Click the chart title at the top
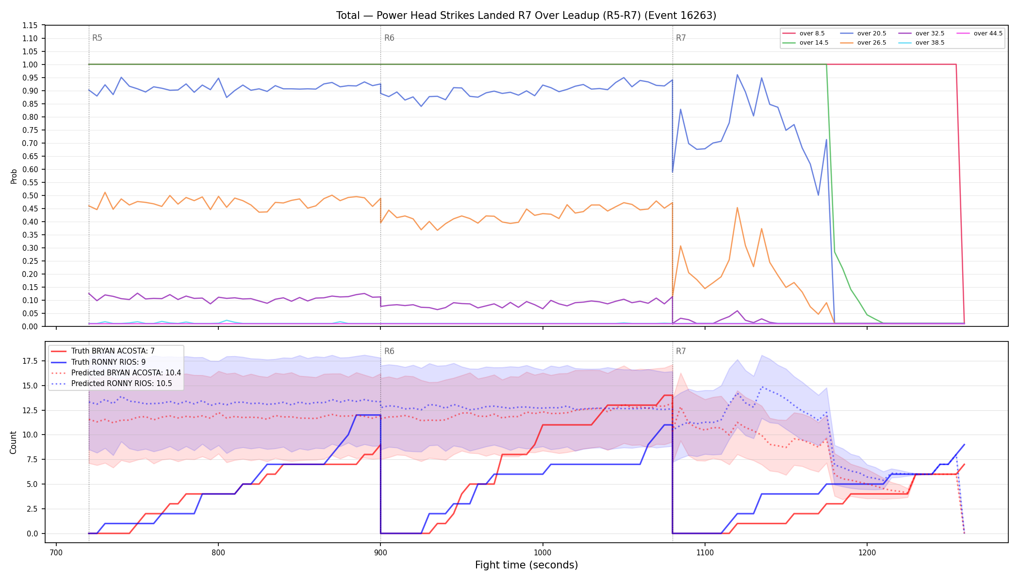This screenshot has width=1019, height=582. point(526,16)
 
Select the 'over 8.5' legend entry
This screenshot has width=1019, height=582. point(803,33)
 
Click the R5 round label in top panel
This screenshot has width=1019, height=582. point(97,38)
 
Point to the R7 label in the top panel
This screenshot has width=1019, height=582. point(681,38)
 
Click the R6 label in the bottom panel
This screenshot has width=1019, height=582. point(389,351)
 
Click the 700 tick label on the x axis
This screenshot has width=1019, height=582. point(56,552)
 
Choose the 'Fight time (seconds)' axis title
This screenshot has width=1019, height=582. point(526,565)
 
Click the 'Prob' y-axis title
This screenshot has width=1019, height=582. point(14,176)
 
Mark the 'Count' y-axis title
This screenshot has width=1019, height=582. point(14,442)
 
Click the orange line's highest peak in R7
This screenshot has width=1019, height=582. point(737,208)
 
